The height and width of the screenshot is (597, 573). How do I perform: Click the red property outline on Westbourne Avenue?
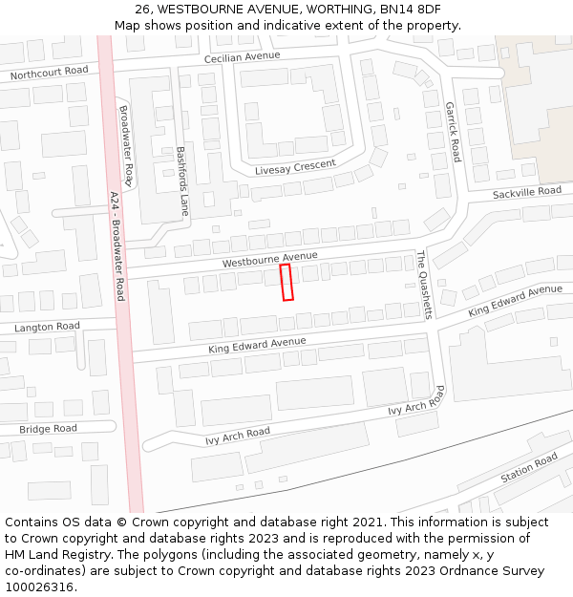(x=286, y=283)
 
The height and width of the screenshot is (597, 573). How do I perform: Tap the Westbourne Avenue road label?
(x=269, y=259)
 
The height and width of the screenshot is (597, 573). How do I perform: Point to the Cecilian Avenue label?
(x=242, y=56)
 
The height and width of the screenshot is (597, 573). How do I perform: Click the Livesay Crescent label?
(x=295, y=167)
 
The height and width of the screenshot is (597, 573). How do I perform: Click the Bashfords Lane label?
(x=182, y=181)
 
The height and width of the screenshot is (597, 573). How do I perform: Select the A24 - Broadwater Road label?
(x=117, y=245)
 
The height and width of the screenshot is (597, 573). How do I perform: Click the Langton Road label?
(x=47, y=327)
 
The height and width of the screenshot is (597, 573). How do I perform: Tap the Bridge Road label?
(x=48, y=429)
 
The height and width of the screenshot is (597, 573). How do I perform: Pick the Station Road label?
(x=529, y=468)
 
